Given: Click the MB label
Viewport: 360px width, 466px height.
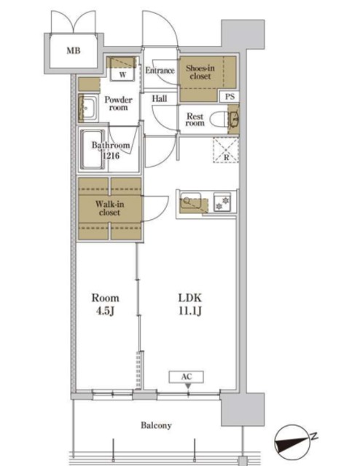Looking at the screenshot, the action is (x=73, y=50).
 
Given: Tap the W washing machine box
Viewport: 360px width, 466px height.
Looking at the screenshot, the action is (x=122, y=69).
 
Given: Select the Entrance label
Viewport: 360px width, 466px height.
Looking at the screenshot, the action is (x=160, y=71).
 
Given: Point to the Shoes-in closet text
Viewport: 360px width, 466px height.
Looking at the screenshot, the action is (x=200, y=72).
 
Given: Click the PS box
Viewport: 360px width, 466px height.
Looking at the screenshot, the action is (x=230, y=97).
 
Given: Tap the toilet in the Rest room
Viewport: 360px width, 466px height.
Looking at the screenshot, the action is (x=219, y=119).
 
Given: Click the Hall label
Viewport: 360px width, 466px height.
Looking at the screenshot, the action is (x=160, y=99).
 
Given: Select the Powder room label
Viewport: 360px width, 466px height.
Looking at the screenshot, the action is (x=118, y=103).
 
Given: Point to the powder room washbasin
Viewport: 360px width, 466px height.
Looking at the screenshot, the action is (x=87, y=108).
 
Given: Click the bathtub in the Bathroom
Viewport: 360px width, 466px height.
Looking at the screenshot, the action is (x=93, y=149).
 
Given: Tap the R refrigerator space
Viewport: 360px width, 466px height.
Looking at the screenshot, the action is (x=226, y=150).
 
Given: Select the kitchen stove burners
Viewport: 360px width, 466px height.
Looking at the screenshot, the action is (x=222, y=202).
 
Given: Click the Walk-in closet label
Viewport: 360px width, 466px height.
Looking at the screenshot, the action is (x=110, y=208).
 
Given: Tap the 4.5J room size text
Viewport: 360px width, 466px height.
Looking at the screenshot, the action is (x=106, y=311).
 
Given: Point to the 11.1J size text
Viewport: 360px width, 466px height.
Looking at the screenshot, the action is (x=190, y=311).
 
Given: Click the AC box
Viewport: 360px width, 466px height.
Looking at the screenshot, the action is (x=187, y=377).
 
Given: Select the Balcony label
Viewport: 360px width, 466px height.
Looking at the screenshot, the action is (x=156, y=425).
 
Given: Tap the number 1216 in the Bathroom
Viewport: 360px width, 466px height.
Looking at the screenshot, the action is (x=111, y=155).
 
